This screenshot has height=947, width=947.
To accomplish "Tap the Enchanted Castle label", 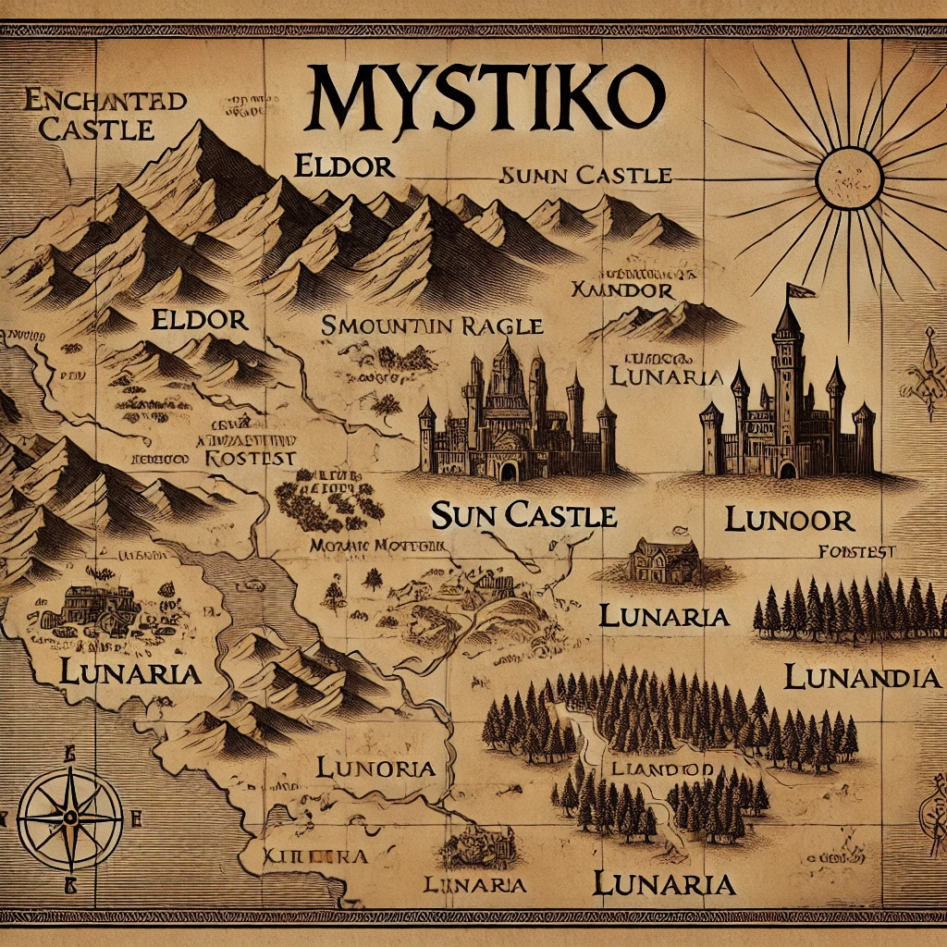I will coord(92,114).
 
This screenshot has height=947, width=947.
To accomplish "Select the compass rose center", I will coord(70,816).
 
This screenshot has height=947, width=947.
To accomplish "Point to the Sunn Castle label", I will coord(584,175).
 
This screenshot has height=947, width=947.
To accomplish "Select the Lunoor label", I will coord(789,519).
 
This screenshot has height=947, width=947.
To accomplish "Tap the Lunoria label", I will coord(375,767).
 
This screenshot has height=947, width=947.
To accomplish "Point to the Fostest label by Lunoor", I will coord(857,552).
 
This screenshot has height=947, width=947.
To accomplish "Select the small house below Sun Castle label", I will coord(664,560).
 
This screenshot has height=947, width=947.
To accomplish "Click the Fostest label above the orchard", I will coord(249,458).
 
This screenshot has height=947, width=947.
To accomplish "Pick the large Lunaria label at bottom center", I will coord(664,883).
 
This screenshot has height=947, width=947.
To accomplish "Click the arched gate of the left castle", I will coord(508,472).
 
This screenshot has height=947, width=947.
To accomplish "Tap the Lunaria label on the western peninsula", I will coord(129,672).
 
